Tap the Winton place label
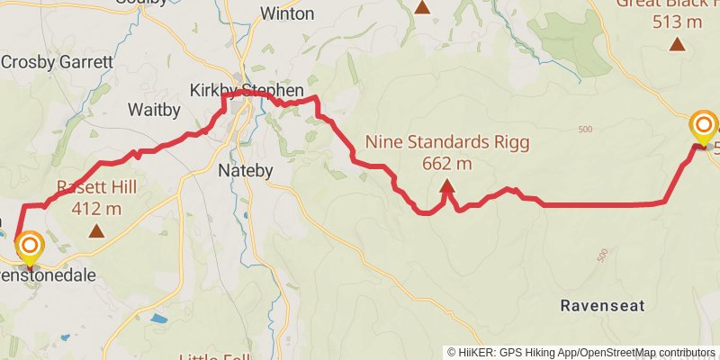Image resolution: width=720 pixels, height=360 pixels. (x=287, y=13)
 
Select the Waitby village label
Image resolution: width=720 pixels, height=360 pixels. (x=154, y=110)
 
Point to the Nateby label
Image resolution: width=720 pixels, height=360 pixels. (x=242, y=169)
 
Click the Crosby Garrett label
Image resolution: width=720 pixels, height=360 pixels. (x=57, y=63)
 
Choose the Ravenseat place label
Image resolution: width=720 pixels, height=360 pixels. (x=602, y=306)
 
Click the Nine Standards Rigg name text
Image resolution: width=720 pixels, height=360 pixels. (x=446, y=142)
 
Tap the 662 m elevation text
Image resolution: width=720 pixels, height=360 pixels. (x=446, y=164)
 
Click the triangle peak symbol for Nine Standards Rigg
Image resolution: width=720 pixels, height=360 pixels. (x=446, y=187)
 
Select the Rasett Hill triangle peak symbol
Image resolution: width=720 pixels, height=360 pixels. (x=96, y=231)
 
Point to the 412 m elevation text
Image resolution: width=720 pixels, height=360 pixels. (x=96, y=210)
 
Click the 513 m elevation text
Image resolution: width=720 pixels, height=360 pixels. (x=678, y=22)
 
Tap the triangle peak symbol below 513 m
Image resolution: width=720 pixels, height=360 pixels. (x=678, y=44)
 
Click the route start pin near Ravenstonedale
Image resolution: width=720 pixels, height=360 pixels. (x=30, y=248)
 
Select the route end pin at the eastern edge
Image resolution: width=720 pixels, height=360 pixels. (x=703, y=127)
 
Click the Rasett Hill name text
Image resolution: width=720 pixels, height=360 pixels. (x=96, y=189)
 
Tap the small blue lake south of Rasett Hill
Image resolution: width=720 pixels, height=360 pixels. (x=159, y=319)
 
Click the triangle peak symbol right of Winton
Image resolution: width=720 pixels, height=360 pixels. (x=422, y=7)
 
